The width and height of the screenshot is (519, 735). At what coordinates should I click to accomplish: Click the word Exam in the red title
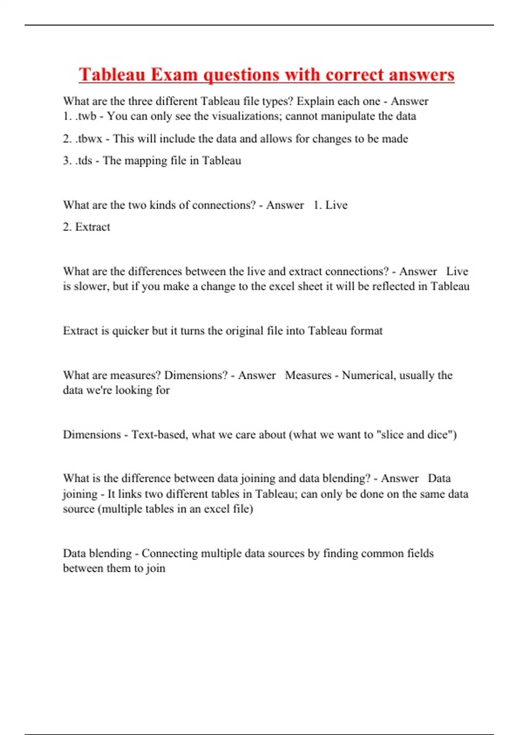pos(174,74)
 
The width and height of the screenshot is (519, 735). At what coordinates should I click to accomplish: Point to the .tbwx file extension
pos(89,139)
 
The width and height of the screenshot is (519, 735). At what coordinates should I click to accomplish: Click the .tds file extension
pos(83,161)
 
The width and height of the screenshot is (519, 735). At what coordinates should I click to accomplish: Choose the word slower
pos(91,286)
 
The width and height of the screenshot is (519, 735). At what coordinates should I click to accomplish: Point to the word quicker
pos(130,331)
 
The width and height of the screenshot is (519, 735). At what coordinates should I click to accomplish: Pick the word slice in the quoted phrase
pos(390,435)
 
